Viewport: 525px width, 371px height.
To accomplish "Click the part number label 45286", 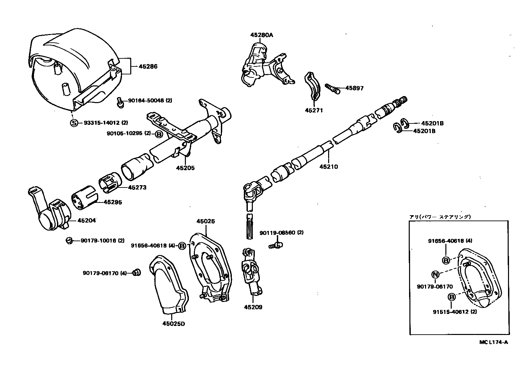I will point(148,66).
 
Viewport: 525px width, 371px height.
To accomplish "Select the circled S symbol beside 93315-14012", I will point(74,123).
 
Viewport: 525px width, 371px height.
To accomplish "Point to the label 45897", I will point(354,88).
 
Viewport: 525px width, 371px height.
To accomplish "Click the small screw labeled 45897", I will point(332,88).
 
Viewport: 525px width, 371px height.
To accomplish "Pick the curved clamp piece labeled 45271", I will point(312,86).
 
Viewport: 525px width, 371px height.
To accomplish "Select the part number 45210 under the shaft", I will point(328,166).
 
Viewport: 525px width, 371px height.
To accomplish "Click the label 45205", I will point(185,168).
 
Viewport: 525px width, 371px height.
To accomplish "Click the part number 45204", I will point(87,220).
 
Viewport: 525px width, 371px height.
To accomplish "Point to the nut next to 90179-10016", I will point(69,240).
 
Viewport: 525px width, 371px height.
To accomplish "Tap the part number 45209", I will point(253,307).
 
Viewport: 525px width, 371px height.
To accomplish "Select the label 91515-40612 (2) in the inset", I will point(455,312).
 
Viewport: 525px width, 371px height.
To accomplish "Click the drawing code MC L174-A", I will point(494,342).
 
